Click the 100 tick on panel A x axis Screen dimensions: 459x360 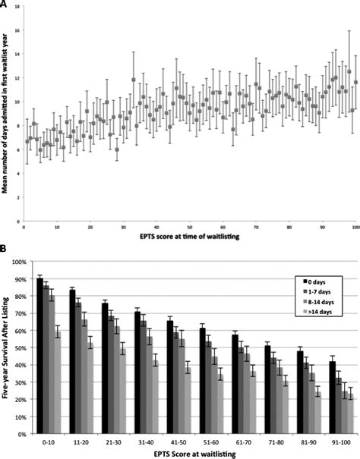click(355, 227)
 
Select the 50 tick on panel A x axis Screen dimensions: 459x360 click(189, 227)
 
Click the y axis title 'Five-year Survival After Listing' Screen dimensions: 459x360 click(6, 349)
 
